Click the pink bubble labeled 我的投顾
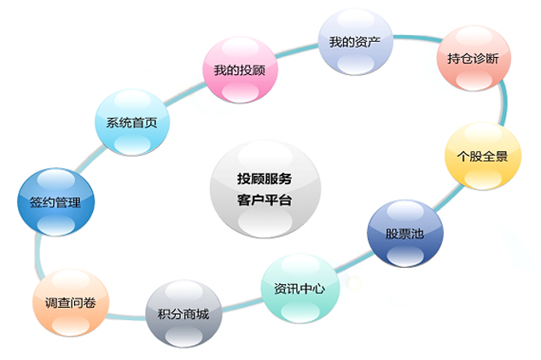click(240, 70)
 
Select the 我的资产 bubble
click(355, 42)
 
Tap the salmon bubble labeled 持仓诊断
click(474, 58)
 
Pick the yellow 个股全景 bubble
click(483, 156)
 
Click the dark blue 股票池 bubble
click(405, 234)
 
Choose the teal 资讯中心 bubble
click(300, 288)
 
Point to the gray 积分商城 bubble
click(183, 314)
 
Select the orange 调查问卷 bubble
click(71, 303)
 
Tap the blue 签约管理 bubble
click(56, 202)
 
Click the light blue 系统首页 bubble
click(132, 122)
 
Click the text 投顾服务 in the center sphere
click(265, 178)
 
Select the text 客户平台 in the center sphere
click(265, 200)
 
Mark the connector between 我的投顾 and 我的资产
click(298, 49)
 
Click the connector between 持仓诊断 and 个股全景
click(504, 102)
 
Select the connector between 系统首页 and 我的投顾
click(185, 93)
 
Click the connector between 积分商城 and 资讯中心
click(241, 305)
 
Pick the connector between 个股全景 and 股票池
click(449, 197)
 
